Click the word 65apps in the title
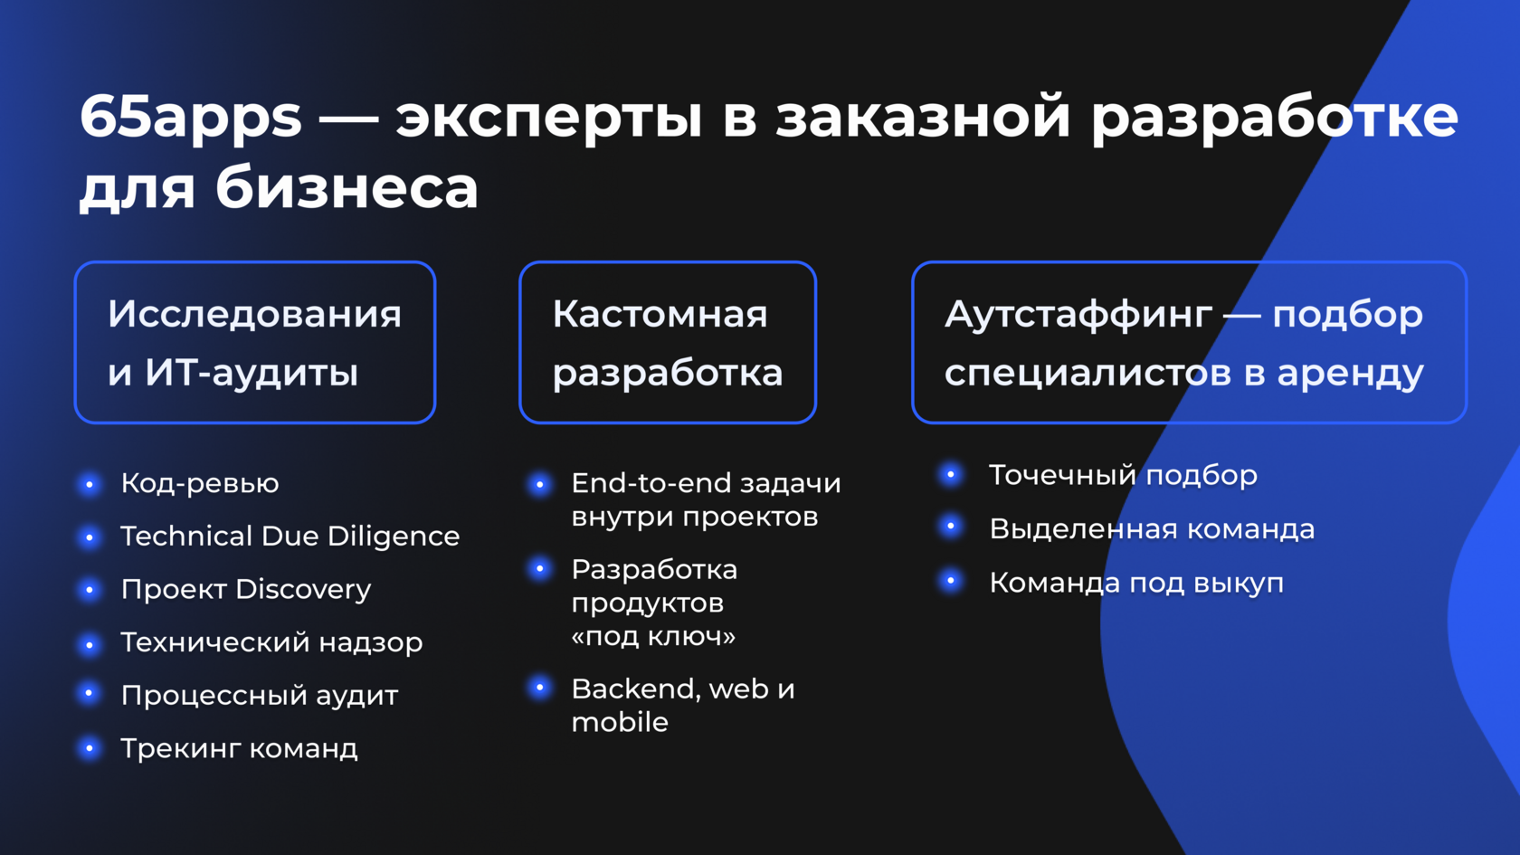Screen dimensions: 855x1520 pos(191,119)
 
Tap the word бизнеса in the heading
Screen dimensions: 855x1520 pos(347,188)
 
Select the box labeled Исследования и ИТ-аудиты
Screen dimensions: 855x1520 pos(255,342)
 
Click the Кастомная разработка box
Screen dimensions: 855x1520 pos(668,342)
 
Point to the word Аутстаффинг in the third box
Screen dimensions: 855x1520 pos(1078,314)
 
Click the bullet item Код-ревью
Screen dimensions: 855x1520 pos(200,484)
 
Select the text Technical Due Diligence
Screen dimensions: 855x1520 pos(290,537)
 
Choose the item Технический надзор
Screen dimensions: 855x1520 pos(271,642)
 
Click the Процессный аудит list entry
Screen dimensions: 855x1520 pos(260,696)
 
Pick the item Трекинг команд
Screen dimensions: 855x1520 pos(240,749)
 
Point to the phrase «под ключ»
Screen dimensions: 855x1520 pos(653,636)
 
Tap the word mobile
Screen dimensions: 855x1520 pos(620,722)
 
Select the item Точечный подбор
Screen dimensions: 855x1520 pos(1123,475)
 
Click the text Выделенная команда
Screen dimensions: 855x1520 pos(1152,529)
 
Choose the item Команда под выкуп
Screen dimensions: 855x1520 pos(1136,583)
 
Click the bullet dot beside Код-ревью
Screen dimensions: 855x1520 pos(90,485)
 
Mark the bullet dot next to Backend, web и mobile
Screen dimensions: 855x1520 pos(540,689)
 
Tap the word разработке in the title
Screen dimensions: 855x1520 pos(1274,119)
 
